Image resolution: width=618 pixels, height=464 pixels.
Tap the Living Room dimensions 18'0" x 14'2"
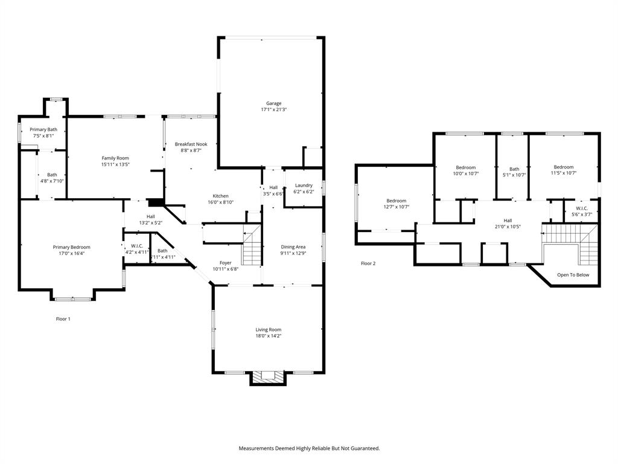268,336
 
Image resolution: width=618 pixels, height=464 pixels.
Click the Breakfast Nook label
191,144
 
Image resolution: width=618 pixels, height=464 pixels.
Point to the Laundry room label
303,185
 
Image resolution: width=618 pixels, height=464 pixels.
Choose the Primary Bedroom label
71,247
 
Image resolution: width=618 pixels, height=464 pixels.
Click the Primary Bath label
43,129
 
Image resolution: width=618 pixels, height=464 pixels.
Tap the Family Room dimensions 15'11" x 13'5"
115,164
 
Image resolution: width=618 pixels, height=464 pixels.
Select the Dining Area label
293,246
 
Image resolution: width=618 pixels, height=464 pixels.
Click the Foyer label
225,263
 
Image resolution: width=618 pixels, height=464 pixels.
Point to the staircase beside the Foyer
252,245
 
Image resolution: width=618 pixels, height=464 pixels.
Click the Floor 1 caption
63,318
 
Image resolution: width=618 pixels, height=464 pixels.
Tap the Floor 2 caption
368,263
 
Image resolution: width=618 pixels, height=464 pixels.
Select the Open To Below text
573,275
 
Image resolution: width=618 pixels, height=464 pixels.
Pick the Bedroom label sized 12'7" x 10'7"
396,201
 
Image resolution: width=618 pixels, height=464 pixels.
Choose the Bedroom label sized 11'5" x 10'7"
563,167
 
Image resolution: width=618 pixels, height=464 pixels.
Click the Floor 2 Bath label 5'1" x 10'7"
514,169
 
